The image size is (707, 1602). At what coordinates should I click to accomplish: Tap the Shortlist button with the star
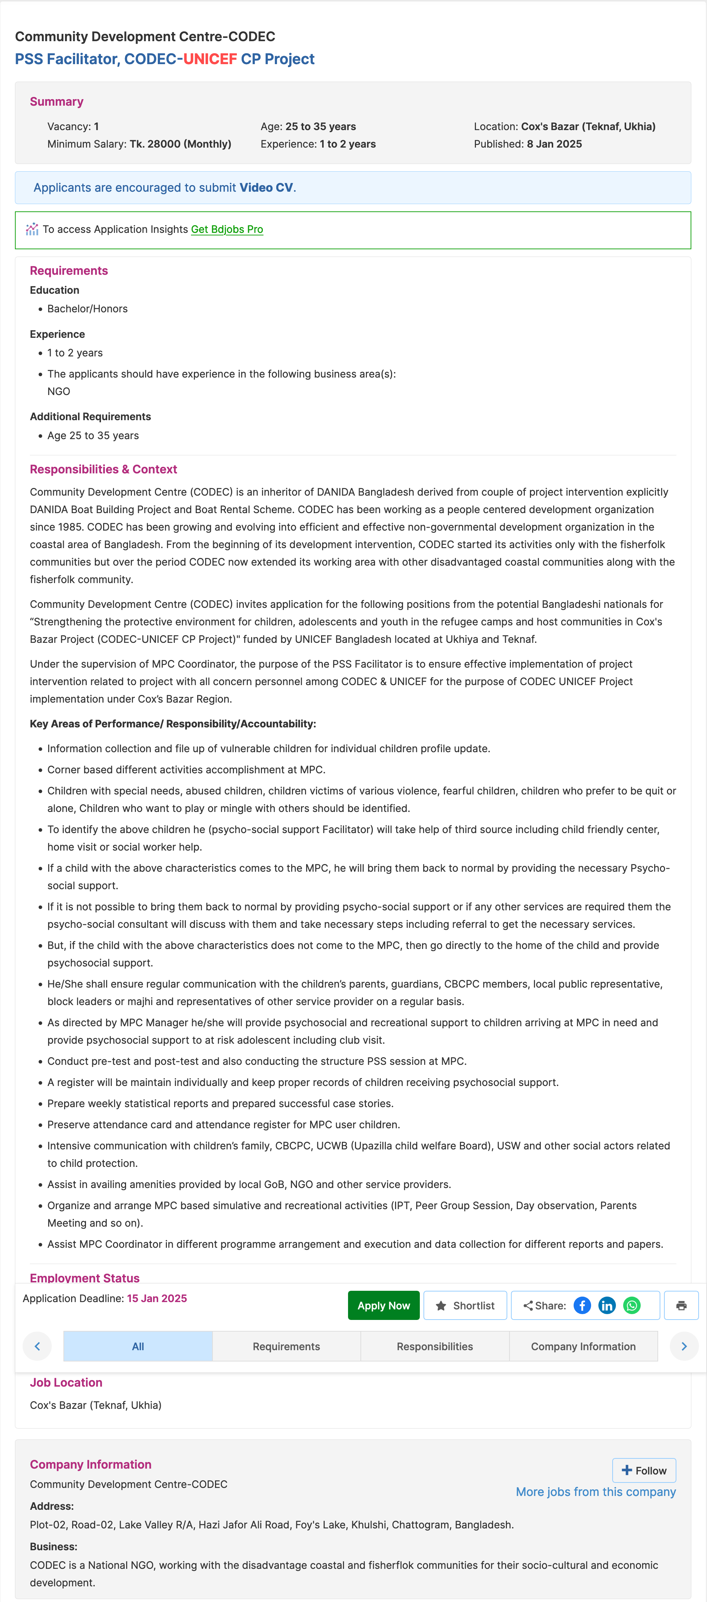(465, 1305)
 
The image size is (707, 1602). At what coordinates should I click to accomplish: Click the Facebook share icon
(582, 1305)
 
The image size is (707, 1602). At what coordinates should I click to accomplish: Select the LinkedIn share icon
(607, 1305)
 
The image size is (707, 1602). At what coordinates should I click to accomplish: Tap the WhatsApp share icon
(632, 1305)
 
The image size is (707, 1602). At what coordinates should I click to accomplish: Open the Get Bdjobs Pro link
(227, 230)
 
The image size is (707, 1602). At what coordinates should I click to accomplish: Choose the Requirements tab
(286, 1347)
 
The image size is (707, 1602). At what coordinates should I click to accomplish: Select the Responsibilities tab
(435, 1347)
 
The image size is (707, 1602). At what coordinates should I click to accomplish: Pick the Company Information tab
(583, 1347)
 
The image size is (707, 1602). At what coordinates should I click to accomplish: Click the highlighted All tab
(138, 1347)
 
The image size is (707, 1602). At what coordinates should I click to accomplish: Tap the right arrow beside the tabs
(684, 1347)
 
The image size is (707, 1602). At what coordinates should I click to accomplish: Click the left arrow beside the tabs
(37, 1347)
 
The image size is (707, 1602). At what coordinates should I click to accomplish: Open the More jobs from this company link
(596, 1492)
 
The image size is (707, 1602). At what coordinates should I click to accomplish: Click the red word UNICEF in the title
(210, 59)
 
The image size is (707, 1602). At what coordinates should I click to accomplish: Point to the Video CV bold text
(266, 188)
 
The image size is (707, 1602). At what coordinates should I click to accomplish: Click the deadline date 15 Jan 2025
(157, 1298)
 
